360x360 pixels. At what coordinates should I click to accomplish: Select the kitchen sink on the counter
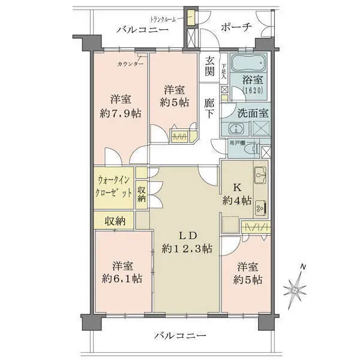(x=261, y=175)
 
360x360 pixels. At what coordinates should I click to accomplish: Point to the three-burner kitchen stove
(x=261, y=208)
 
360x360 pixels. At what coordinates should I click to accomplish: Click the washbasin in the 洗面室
(x=236, y=128)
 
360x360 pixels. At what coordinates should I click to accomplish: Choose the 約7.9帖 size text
(x=121, y=112)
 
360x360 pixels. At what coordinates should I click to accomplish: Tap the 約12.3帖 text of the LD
(x=188, y=248)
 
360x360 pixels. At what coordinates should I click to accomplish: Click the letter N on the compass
(x=304, y=266)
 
